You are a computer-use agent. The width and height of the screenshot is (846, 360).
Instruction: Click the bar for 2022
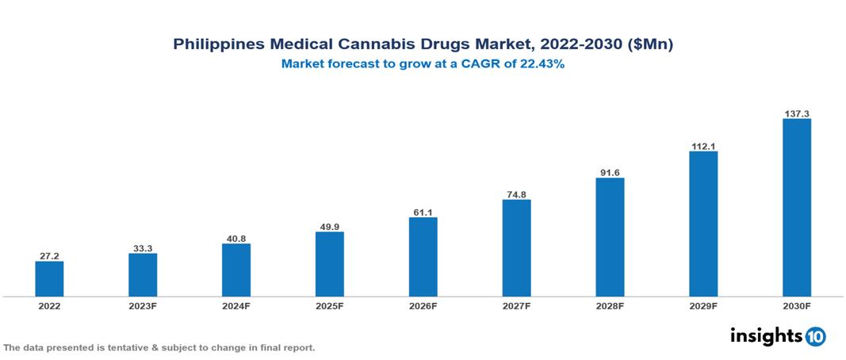click(x=49, y=278)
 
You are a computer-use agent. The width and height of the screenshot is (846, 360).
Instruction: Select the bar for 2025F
click(x=329, y=264)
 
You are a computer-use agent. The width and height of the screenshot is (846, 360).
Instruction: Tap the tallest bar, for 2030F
click(x=796, y=208)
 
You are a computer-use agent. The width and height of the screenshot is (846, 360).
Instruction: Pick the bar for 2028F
click(x=610, y=237)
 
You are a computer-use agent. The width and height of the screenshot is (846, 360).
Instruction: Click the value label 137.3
click(x=796, y=113)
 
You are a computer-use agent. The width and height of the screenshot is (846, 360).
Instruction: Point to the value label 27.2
click(x=49, y=256)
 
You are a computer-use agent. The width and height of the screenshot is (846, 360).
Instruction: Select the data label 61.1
click(x=423, y=212)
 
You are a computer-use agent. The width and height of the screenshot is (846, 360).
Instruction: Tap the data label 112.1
click(x=702, y=145)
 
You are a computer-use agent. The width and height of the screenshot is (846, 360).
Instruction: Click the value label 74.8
click(x=516, y=193)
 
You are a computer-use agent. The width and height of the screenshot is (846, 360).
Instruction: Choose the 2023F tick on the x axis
click(x=143, y=305)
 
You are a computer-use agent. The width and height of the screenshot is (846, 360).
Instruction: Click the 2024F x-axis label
click(x=236, y=305)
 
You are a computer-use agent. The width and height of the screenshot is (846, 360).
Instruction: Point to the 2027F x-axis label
click(x=516, y=305)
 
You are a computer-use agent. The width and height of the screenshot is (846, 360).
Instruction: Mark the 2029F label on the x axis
click(x=702, y=305)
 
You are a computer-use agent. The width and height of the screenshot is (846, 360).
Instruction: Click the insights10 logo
click(x=778, y=335)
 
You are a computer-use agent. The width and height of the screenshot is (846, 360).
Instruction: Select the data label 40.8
click(x=236, y=238)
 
